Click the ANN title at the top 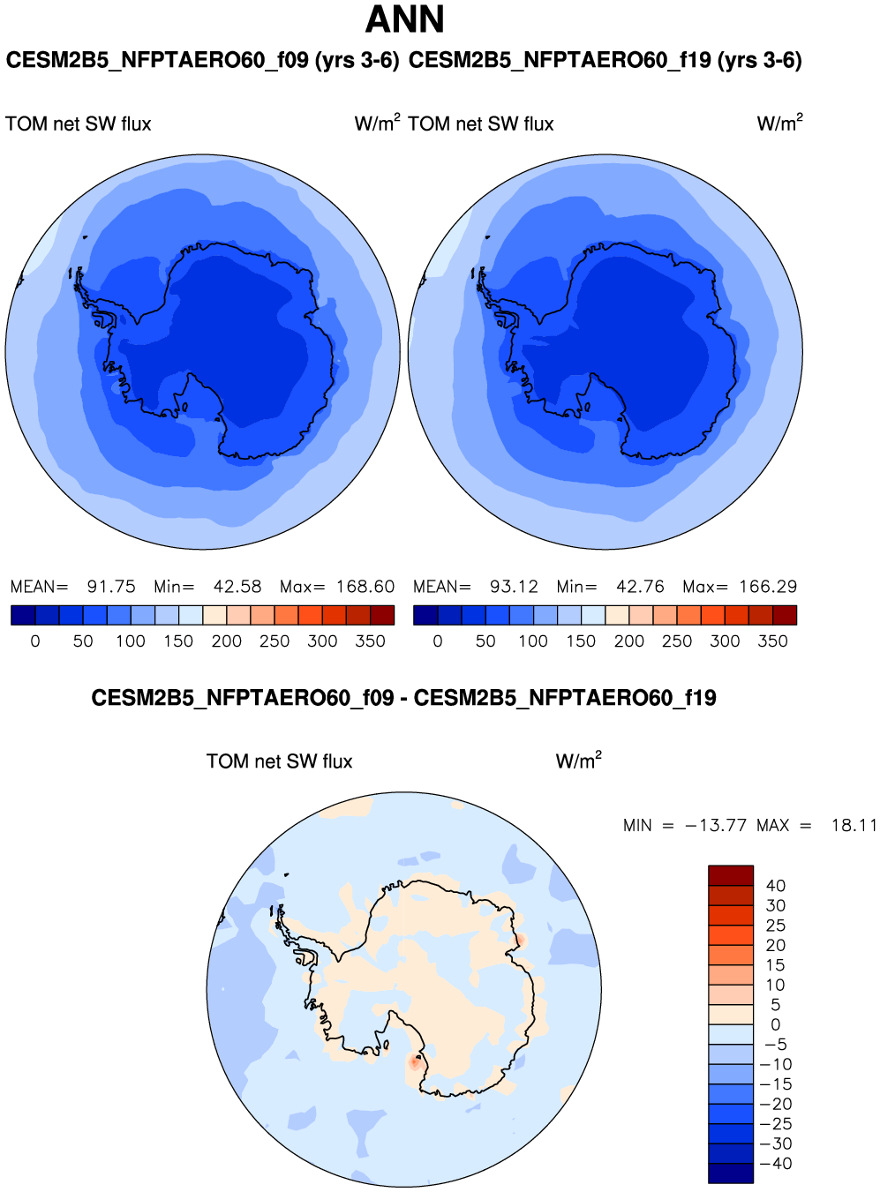point(405,19)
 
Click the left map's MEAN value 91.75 point(111,587)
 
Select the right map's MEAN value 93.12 point(514,587)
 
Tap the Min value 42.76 point(640,587)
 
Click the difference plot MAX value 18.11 point(854,826)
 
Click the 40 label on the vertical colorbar point(775,886)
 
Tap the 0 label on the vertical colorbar point(775,1025)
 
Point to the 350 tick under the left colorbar point(370,641)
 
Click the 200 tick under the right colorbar point(628,641)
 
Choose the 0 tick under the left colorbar point(35,641)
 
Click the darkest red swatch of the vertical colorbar point(731,875)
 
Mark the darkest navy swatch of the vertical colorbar point(731,1173)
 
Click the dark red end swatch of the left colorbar point(382,615)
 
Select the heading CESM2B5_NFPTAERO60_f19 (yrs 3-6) point(605,61)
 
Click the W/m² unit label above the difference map point(578,761)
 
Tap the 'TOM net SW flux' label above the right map point(481,124)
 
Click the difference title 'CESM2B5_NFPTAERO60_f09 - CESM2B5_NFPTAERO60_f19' point(403,699)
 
